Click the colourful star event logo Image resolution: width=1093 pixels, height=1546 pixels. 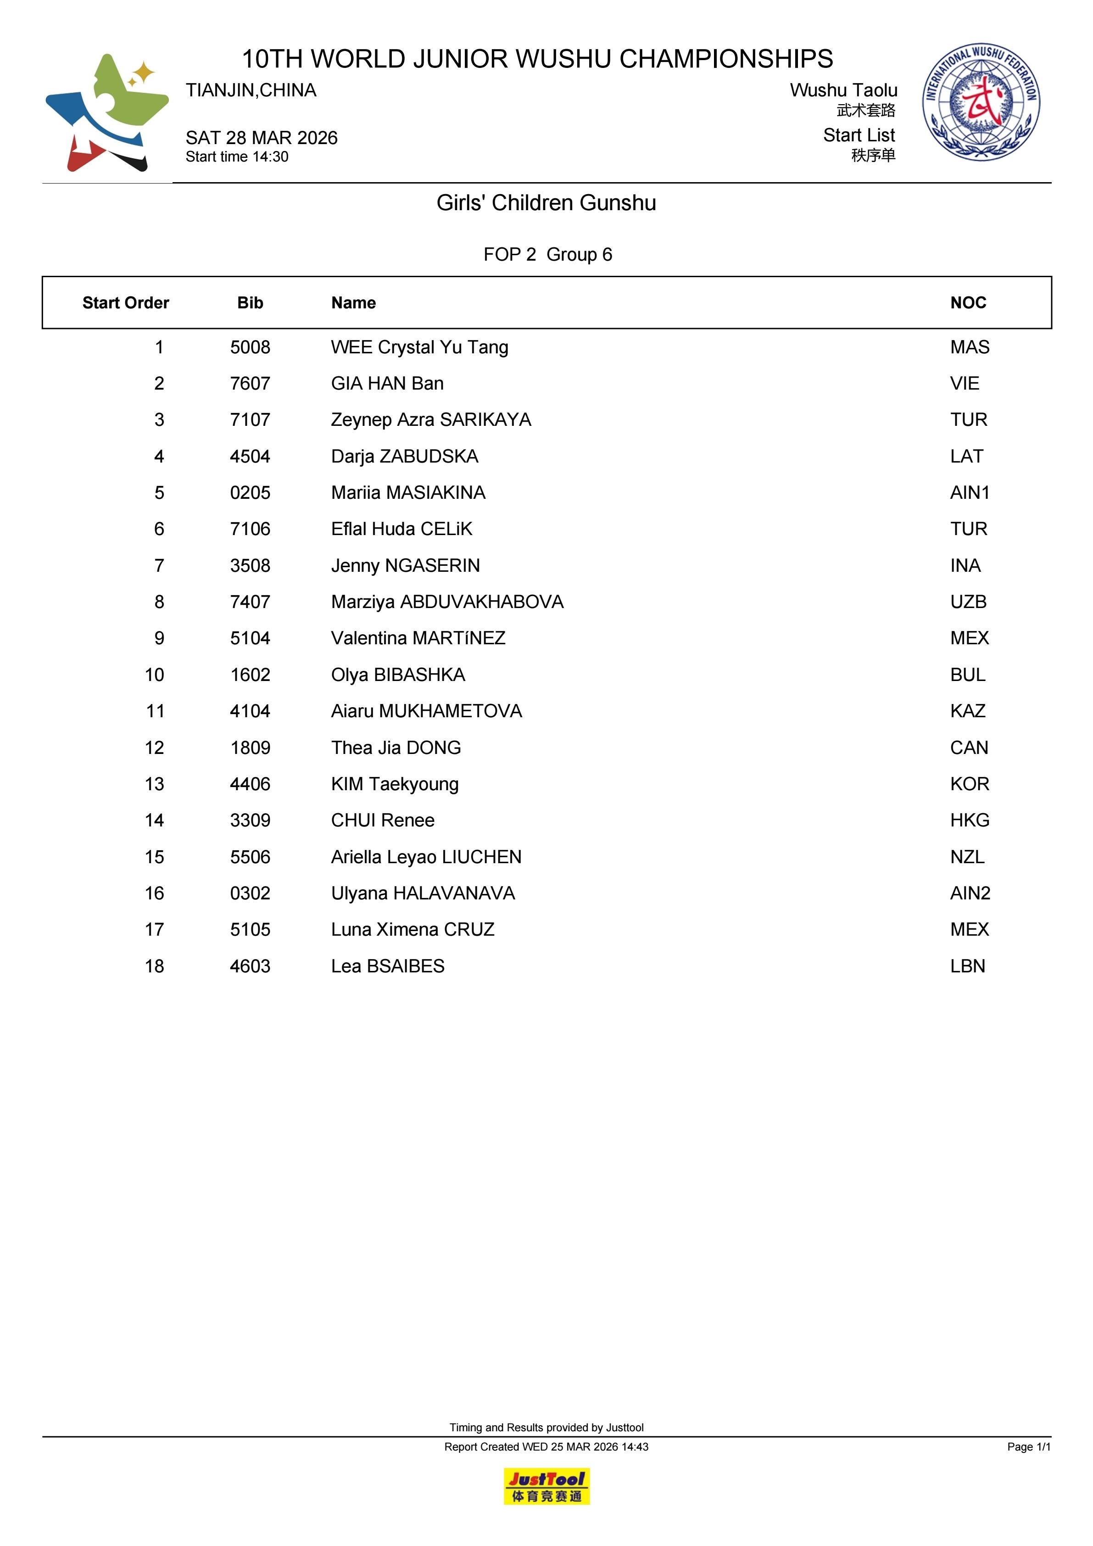[107, 112]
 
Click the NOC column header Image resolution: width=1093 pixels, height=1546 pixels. [968, 303]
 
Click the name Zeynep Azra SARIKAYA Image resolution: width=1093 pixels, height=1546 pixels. [430, 420]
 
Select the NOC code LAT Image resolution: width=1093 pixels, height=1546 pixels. [966, 457]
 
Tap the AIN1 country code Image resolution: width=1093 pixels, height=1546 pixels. [970, 493]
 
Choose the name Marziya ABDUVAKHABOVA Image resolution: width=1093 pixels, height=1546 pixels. [447, 602]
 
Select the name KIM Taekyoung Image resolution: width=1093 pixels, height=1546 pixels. [395, 784]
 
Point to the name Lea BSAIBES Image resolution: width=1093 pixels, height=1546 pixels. [387, 966]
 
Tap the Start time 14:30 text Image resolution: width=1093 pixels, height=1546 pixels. [237, 157]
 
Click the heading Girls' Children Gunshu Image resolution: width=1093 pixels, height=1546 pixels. [546, 203]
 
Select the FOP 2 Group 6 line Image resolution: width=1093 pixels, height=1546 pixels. [547, 255]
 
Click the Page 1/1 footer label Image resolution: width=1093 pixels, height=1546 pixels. [1028, 1446]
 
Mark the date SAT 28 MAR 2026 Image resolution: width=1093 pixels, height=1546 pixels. [261, 138]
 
